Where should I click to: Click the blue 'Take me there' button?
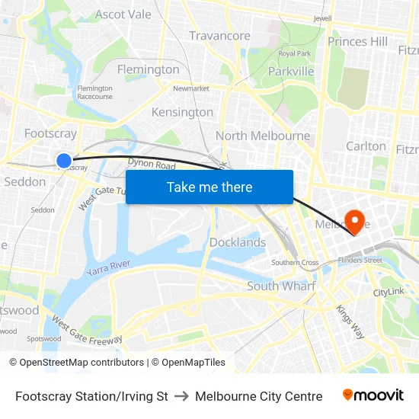point(209,187)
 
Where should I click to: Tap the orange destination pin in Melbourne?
point(354,220)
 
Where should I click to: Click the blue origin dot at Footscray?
point(64,161)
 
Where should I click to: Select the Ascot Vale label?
point(123,14)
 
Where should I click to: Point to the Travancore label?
point(219,36)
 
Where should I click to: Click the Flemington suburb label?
point(149,69)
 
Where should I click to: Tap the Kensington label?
point(182,112)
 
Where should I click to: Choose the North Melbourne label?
point(263,136)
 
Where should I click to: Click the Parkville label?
point(291,71)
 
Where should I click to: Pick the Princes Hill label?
point(357,41)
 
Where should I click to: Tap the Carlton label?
point(366,146)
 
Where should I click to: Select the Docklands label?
point(238,242)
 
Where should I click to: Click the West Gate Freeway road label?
point(82,330)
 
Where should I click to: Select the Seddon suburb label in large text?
point(25,181)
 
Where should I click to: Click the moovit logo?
point(373,395)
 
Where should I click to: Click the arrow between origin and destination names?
point(181,396)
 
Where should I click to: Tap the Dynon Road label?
point(152,165)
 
